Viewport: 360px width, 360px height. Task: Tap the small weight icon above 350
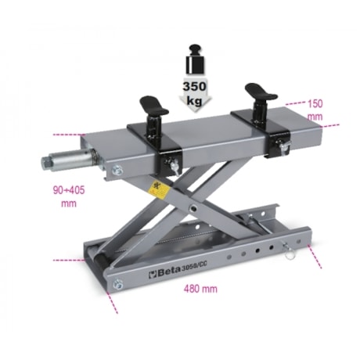click(x=195, y=60)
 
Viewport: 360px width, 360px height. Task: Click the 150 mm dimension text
click(x=314, y=108)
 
